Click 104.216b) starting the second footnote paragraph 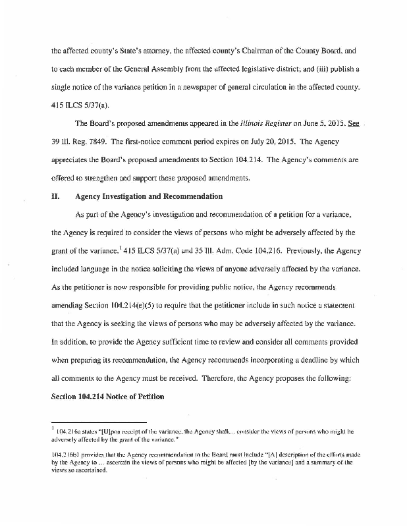click(68, 455)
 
